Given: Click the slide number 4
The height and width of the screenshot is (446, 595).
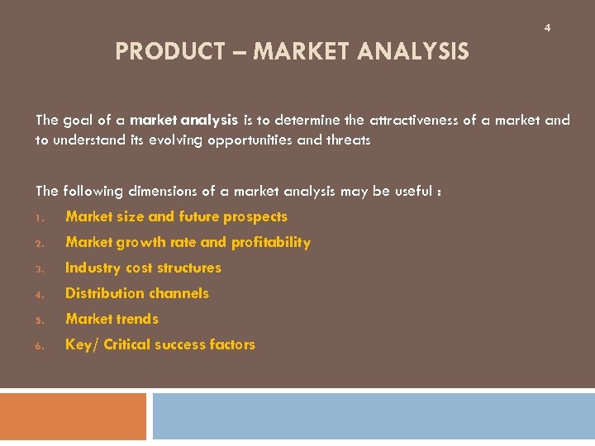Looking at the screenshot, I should (547, 28).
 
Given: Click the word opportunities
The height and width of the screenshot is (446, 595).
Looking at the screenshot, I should (252, 140).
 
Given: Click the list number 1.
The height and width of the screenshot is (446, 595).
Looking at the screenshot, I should (39, 218).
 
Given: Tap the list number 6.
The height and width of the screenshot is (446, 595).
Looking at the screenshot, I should (39, 346).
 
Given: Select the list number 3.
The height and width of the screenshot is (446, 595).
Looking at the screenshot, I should (39, 269).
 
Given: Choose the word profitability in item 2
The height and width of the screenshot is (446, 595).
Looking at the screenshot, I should (271, 243).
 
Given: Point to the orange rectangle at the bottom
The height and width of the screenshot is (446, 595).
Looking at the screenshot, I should (73, 415).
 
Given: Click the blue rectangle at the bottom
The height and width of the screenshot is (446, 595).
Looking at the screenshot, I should (373, 415).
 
